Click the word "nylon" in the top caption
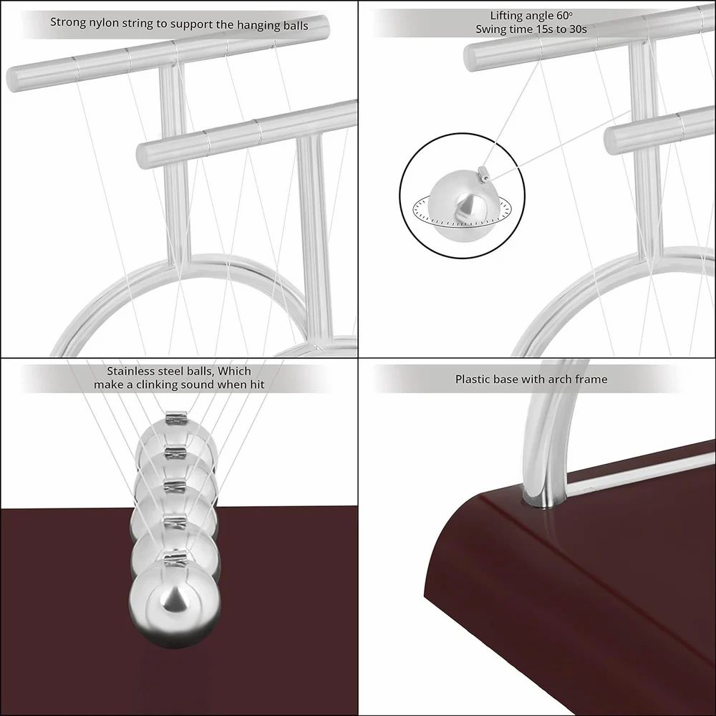coord(108,24)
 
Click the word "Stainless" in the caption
coord(133,371)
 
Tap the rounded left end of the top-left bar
coord(14,78)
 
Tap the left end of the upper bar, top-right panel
coord(472,57)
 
